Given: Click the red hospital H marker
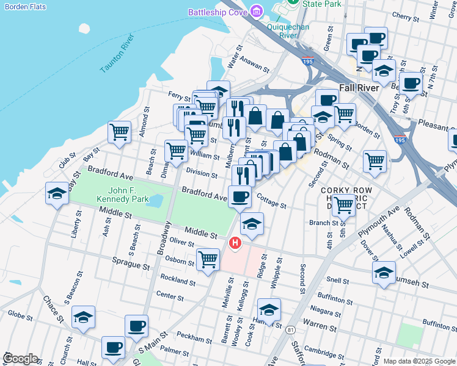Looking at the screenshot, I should point(235,243).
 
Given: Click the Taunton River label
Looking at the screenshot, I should point(117,54).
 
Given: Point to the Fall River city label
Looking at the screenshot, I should point(360,87).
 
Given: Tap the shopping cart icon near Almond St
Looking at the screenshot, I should point(119,132).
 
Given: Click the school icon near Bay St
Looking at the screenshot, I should point(57,194).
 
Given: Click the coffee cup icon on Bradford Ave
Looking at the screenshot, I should point(239,196).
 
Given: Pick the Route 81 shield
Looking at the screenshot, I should point(290,329).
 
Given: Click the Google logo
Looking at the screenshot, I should point(20,359).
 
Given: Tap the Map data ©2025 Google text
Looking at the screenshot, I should point(419,361).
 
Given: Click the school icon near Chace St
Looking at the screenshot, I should point(84,317).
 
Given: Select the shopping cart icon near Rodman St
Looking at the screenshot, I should point(375,161).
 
